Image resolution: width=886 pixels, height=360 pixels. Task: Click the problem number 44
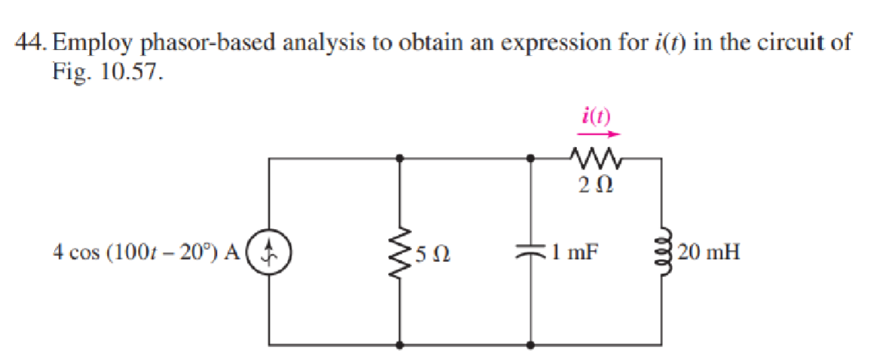(32, 43)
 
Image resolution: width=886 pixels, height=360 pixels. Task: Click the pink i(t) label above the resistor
(597, 117)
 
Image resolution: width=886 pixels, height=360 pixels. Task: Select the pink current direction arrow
(598, 136)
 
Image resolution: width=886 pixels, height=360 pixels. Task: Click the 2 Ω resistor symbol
(597, 158)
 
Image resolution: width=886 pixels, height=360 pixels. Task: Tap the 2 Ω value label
(596, 184)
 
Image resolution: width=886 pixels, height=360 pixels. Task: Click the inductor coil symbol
(662, 252)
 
